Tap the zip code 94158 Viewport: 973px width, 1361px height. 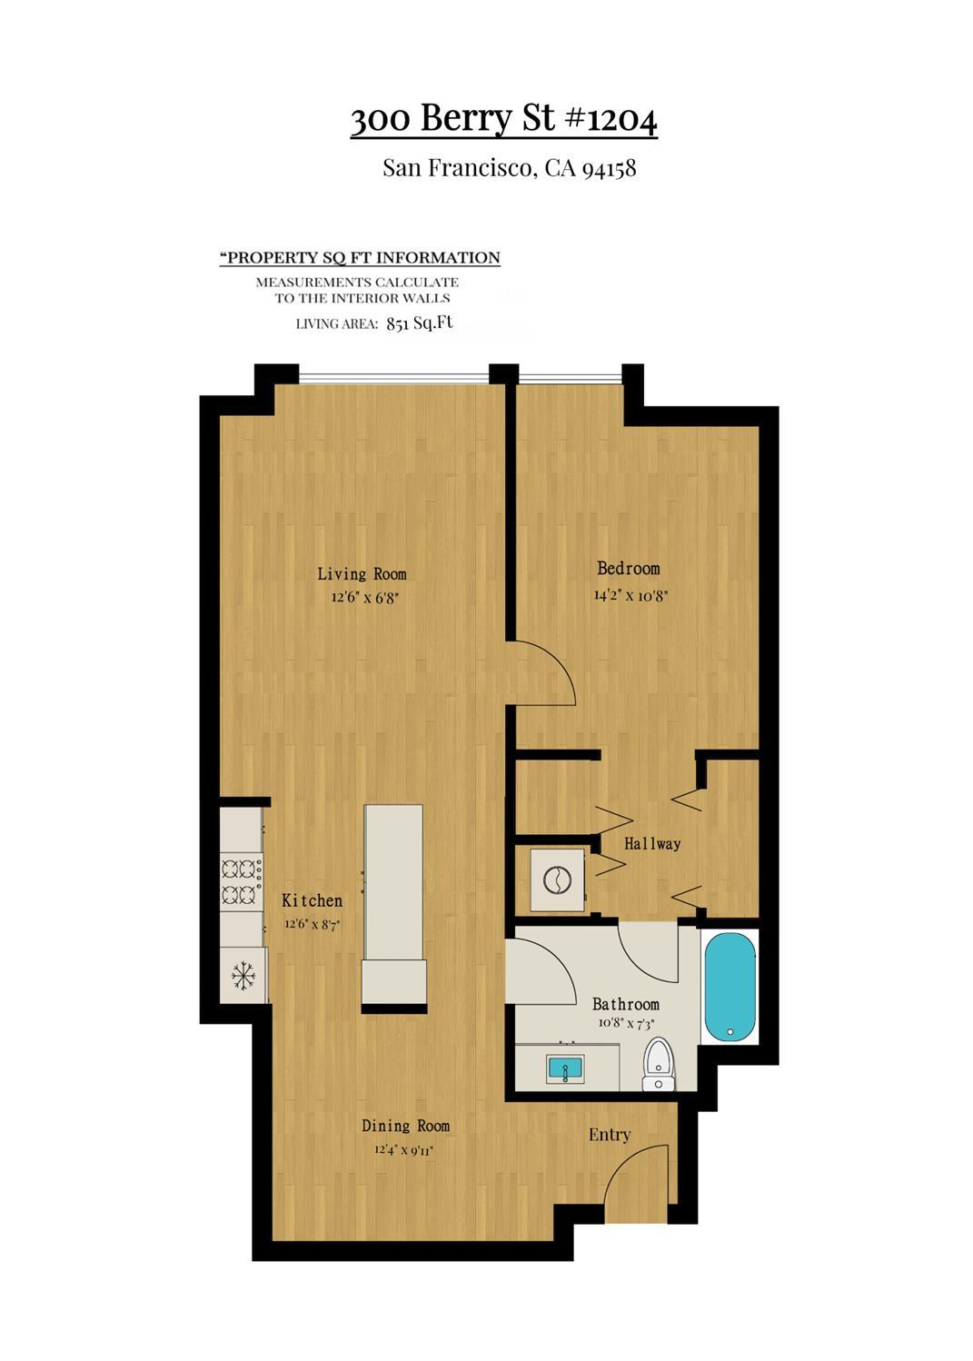(x=609, y=168)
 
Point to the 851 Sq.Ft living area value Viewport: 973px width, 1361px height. (x=420, y=323)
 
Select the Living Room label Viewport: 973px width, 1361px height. (x=362, y=573)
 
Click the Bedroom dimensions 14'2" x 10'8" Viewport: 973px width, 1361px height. (x=630, y=595)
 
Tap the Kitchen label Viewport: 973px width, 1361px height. (x=312, y=900)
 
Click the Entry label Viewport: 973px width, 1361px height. (x=610, y=1135)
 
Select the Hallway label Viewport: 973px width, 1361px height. (x=652, y=843)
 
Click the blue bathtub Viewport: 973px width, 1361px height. (x=730, y=987)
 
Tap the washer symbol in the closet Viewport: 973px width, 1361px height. (x=557, y=880)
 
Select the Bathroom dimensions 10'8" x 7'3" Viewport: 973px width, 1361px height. (x=626, y=1023)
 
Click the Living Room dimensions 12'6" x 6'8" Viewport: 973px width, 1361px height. (x=364, y=597)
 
